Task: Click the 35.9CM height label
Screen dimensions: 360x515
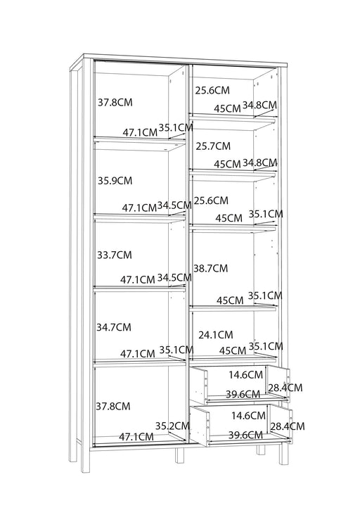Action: point(115,181)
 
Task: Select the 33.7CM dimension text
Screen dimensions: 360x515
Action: point(114,255)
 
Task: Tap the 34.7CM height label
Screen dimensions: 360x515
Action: point(113,327)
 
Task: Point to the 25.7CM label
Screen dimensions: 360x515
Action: point(213,146)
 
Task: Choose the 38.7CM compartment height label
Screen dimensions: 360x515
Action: point(210,268)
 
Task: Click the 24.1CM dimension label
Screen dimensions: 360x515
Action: point(216,335)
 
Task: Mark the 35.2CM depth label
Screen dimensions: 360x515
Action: point(172,426)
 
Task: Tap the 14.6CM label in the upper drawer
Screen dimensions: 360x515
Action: point(246,375)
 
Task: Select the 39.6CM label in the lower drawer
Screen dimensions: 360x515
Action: point(245,435)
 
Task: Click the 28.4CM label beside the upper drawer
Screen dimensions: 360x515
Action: point(285,388)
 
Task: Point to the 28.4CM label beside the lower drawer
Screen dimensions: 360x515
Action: point(288,426)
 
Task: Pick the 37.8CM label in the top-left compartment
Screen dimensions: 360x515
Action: point(115,102)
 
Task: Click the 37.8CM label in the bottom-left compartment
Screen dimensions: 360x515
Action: point(113,406)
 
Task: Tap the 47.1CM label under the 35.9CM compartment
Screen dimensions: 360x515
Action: point(139,208)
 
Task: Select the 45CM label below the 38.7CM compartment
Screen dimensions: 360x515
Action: point(230,300)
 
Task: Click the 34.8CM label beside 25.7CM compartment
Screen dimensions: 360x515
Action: point(260,163)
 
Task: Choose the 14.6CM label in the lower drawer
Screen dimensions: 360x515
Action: point(248,416)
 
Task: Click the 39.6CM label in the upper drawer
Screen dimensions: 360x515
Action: point(243,394)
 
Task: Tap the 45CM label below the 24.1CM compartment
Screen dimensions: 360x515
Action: point(232,350)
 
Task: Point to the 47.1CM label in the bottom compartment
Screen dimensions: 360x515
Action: point(136,437)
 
